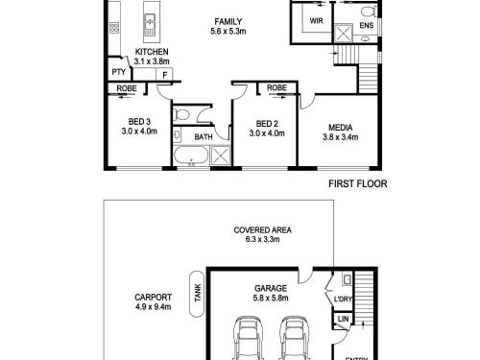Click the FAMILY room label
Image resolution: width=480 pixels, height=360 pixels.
click(x=228, y=22)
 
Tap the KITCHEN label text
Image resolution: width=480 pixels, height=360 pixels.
click(x=152, y=52)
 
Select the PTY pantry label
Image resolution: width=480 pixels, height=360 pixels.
click(x=119, y=72)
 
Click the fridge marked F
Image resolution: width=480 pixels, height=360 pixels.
click(x=164, y=75)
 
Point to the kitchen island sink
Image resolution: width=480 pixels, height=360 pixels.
click(x=150, y=22)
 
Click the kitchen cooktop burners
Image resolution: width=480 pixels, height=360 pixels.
click(x=114, y=28)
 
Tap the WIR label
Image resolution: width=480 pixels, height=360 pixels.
click(x=316, y=21)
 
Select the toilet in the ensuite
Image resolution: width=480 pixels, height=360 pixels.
click(x=369, y=12)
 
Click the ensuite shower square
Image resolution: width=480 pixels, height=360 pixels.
click(x=343, y=33)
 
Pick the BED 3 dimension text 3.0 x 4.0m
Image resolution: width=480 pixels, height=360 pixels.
click(x=139, y=132)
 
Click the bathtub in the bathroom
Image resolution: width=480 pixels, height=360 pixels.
click(x=191, y=156)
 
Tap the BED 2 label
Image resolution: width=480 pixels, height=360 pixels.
click(x=267, y=124)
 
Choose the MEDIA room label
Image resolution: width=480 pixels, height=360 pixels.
click(x=341, y=128)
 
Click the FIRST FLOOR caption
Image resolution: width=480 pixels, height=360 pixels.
click(x=358, y=183)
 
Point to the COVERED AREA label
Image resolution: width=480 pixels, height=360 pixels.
click(x=262, y=230)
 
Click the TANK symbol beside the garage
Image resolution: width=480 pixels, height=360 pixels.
click(x=197, y=294)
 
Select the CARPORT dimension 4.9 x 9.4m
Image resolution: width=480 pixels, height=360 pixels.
click(x=153, y=307)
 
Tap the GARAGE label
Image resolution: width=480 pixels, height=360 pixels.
click(x=271, y=288)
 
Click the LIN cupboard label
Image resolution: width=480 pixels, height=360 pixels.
click(x=343, y=319)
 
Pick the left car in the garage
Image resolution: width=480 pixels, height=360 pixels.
click(x=248, y=339)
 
